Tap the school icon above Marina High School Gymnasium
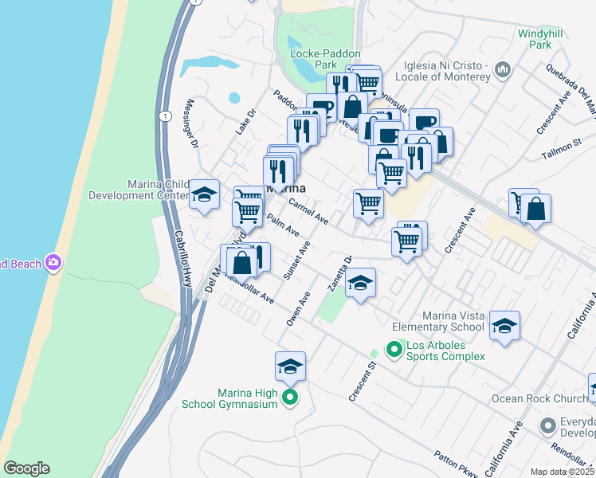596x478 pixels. click(x=291, y=366)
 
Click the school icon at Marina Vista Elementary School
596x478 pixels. click(x=504, y=326)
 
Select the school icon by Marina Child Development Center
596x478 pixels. click(x=204, y=194)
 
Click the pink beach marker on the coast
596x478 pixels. click(x=53, y=262)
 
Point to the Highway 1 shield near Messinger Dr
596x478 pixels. click(x=164, y=116)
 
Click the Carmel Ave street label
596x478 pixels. click(x=308, y=211)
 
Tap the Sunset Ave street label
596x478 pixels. click(x=296, y=261)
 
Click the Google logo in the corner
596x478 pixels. click(x=26, y=469)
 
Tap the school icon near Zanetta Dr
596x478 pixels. click(x=360, y=284)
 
